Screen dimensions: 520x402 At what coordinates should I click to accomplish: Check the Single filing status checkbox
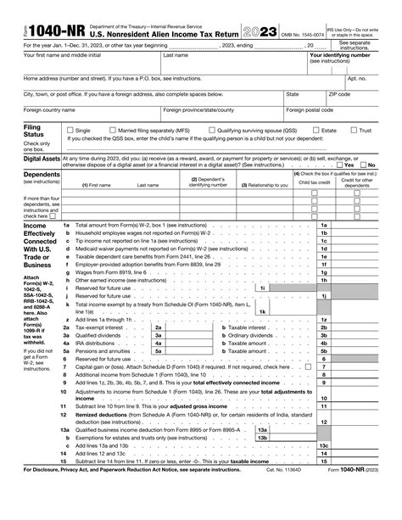point(69,131)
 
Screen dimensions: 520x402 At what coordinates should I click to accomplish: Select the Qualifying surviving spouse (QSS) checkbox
point(212,131)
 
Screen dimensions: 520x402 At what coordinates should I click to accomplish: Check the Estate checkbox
point(316,131)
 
